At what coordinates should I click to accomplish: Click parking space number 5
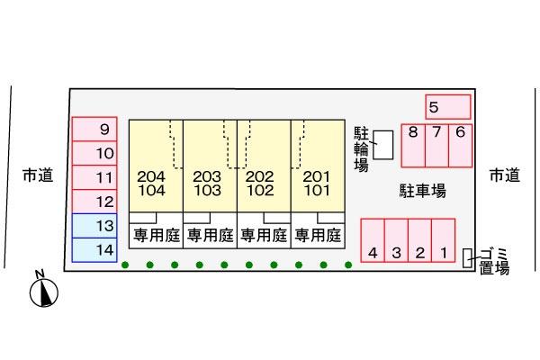pos(448,107)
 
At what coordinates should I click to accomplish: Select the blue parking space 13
pos(94,226)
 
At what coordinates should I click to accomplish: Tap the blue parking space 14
pos(94,250)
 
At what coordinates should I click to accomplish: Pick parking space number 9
pos(94,130)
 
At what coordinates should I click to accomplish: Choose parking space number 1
pos(443,240)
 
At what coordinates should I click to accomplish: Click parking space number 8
pos(413,146)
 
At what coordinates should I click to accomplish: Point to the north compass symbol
pos(44,290)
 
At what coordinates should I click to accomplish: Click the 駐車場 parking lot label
pos(423,191)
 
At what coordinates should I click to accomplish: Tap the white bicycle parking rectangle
pos(383,145)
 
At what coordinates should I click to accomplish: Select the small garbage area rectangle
pos(467,257)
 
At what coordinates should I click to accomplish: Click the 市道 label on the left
pos(38,175)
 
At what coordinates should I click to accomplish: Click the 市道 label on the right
pos(505,175)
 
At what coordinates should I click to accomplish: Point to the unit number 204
pos(151,176)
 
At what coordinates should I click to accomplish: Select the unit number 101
pos(317,190)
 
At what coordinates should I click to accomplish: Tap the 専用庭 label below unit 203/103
pos(210,236)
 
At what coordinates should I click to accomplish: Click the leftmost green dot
pos(125,265)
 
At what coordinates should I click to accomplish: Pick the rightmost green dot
pos(348,265)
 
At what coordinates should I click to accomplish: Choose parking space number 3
pos(396,240)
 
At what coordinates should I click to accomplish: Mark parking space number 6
pos(461,146)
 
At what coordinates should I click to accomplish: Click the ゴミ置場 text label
pos(494,261)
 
